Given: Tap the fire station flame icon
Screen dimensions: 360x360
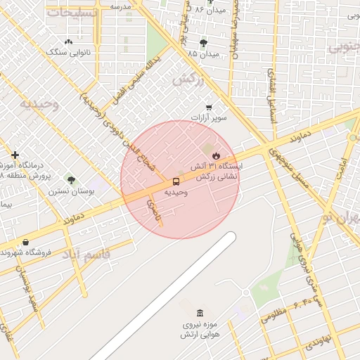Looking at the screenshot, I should click(x=216, y=155).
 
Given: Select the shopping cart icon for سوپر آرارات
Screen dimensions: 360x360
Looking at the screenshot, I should click(x=210, y=107).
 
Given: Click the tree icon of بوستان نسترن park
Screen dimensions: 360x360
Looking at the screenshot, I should click(x=69, y=180).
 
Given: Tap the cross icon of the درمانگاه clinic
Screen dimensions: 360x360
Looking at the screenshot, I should click(x=15, y=155).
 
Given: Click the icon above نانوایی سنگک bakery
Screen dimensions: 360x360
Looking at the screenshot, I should click(x=67, y=42).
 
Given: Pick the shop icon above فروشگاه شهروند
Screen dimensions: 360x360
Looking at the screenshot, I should click(x=26, y=243).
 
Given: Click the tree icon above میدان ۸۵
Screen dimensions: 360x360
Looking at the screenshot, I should click(x=203, y=44).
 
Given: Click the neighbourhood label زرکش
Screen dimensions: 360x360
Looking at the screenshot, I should click(x=188, y=79).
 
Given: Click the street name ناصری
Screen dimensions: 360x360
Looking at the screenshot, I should click(x=153, y=212).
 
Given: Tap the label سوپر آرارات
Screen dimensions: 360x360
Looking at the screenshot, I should click(x=212, y=118).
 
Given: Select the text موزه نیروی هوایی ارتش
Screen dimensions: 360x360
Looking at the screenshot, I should click(x=201, y=330).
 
